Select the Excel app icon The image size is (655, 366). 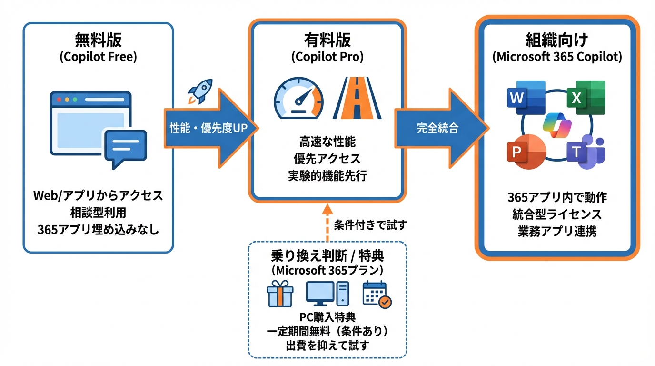coord(585,98)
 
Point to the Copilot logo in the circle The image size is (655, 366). coord(556,125)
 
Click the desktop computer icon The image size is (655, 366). coord(327,294)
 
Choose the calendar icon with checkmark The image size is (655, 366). coord(377,295)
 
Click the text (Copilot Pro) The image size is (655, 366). coord(327,57)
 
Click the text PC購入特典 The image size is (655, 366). coord(327,317)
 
